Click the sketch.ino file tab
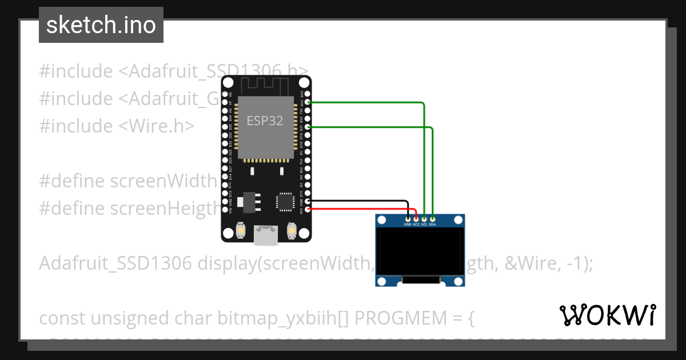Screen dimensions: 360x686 coord(101,25)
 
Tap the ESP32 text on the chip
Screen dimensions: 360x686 coord(265,121)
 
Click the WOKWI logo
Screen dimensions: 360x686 coord(607,315)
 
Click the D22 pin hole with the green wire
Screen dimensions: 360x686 coord(308,102)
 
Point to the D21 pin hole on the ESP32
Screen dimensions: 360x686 coord(308,127)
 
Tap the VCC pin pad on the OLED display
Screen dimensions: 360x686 coord(416,218)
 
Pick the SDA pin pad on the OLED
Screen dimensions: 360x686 coord(433,218)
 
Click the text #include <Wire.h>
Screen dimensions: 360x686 coord(117,126)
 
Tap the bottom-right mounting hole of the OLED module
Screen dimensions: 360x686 coord(458,281)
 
